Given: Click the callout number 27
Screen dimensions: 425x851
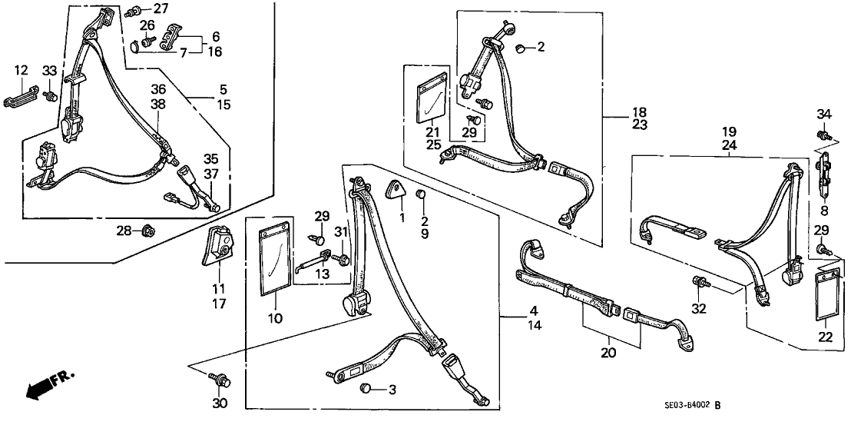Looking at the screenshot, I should click(160, 9).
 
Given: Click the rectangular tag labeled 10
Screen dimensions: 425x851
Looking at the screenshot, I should click(272, 262).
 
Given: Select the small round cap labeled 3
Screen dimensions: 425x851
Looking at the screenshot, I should click(368, 389).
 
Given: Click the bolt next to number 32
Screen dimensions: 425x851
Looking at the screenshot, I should click(700, 283).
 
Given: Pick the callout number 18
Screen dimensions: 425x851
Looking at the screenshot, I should click(617, 111).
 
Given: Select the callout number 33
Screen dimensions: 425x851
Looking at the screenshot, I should click(50, 71).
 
